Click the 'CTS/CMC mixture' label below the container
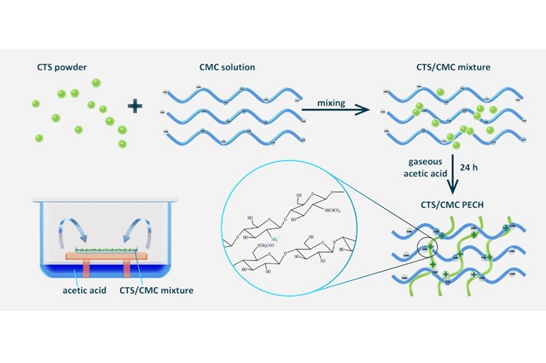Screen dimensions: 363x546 point(164,291)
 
